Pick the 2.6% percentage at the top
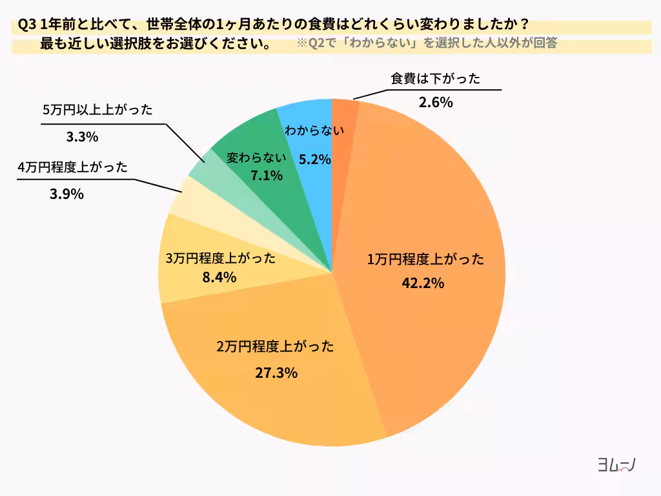[x=436, y=102]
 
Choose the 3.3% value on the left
[x=82, y=136]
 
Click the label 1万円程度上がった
[x=425, y=260]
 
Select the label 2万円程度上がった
[x=276, y=346]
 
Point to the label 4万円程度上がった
[x=73, y=167]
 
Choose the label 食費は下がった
[x=436, y=79]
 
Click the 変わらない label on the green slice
[x=256, y=156]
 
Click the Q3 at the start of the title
[x=27, y=25]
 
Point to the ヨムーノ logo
[x=616, y=466]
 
